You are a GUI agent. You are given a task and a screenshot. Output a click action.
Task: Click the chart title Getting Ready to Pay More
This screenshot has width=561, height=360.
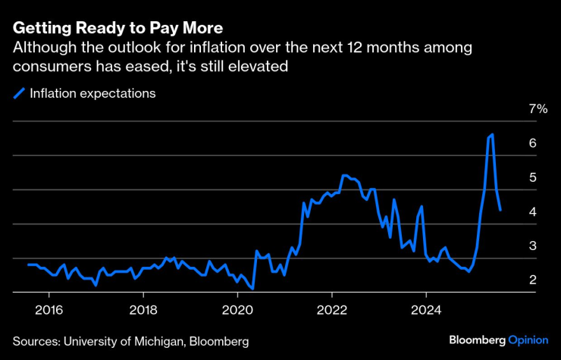(x=117, y=29)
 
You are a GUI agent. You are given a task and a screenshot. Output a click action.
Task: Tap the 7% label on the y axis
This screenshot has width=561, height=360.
(x=537, y=109)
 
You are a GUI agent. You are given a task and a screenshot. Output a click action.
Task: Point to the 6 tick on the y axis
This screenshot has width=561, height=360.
(x=533, y=143)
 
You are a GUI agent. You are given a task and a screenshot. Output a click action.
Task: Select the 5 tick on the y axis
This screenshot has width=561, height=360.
(x=533, y=177)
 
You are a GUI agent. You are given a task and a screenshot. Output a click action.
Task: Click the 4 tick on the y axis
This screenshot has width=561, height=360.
(x=533, y=212)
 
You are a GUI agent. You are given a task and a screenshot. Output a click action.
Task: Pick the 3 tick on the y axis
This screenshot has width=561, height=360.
(x=533, y=246)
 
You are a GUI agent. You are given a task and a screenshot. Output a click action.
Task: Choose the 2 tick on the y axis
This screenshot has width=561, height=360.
(x=533, y=280)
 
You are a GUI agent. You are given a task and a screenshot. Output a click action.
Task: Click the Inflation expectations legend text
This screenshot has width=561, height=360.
(x=92, y=94)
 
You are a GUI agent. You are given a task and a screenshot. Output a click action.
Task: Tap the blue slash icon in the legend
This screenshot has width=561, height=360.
(x=19, y=94)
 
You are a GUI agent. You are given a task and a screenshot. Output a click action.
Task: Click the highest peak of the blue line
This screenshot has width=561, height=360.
(x=493, y=135)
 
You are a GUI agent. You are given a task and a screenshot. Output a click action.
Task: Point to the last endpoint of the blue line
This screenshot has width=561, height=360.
(x=500, y=210)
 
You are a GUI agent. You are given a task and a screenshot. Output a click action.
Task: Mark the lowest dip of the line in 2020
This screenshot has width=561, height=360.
(x=252, y=289)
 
